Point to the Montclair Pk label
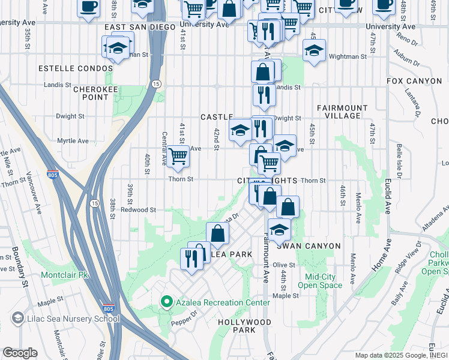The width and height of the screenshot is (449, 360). pos(65,275)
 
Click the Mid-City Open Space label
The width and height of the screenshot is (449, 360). pos(324,281)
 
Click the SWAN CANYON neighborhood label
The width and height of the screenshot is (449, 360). pos(309,246)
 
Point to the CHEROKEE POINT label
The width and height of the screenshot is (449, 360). pos(91,93)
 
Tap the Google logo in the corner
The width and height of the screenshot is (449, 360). pos(19,353)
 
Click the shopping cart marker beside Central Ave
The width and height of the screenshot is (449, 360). pos(178,157)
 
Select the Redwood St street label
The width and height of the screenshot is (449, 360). pos(138,210)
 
